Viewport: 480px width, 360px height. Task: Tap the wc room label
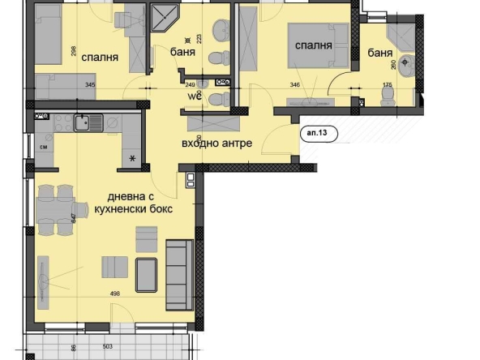[x=195, y=95]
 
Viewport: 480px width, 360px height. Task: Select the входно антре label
[x=216, y=144]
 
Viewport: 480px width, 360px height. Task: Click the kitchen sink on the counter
[x=83, y=123]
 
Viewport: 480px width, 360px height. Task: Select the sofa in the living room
[x=178, y=274]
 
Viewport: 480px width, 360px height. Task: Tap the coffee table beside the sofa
[x=147, y=273]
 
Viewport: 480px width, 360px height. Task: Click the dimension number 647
[x=73, y=217]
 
